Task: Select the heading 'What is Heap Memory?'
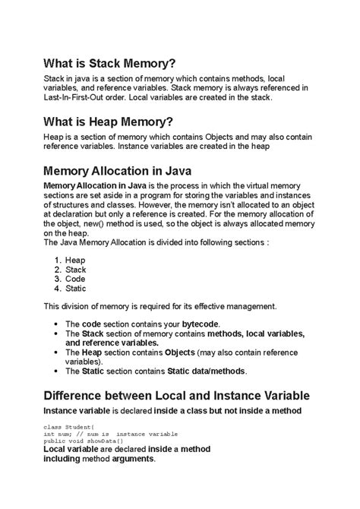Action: pyautogui.click(x=108, y=122)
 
